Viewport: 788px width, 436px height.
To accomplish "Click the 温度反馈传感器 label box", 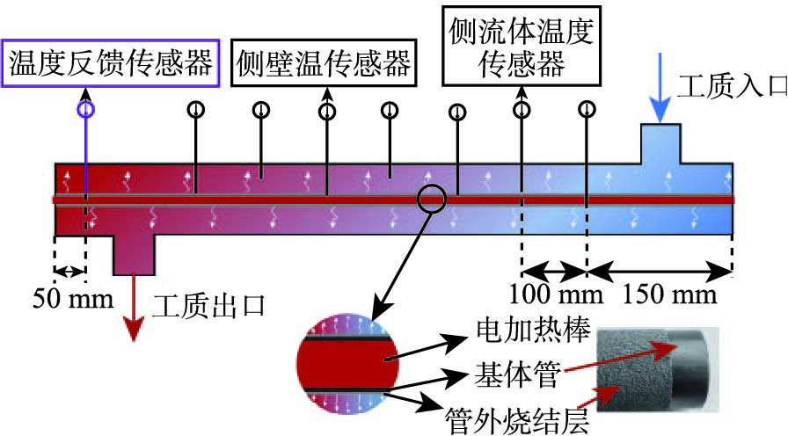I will (x=110, y=62).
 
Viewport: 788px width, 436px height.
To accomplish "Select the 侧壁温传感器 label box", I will (x=324, y=62).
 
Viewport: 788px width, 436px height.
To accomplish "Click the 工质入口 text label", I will (x=727, y=86).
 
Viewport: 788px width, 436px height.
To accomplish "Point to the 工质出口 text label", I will (x=209, y=306).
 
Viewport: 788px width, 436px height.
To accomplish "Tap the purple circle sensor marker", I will (x=85, y=110).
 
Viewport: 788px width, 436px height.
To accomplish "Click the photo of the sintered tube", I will (x=658, y=371).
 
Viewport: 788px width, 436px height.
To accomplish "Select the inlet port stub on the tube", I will (x=660, y=143).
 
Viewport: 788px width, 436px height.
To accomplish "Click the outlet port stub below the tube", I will (x=134, y=254).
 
